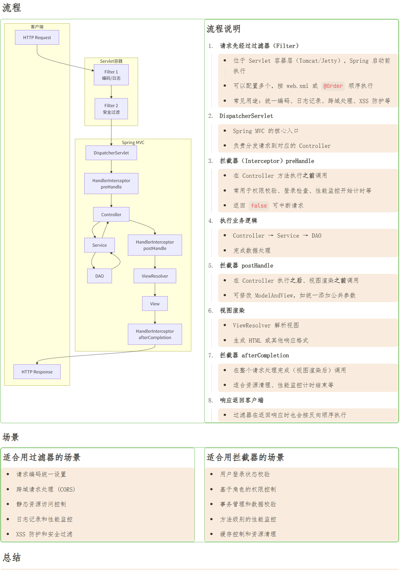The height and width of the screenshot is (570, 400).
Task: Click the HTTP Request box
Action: pyautogui.click(x=37, y=37)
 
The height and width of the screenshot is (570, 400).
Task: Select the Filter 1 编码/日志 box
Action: pyautogui.click(x=111, y=75)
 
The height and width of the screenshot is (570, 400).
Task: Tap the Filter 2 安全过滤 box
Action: pyautogui.click(x=111, y=109)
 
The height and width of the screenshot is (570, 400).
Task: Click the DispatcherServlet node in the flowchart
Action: pyautogui.click(x=111, y=153)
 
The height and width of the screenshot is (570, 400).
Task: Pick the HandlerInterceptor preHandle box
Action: pyautogui.click(x=111, y=184)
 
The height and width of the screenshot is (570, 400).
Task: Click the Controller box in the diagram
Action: pyautogui.click(x=111, y=215)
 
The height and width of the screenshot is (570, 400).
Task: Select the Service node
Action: pyautogui.click(x=100, y=245)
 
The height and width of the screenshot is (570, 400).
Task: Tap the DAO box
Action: pyautogui.click(x=100, y=276)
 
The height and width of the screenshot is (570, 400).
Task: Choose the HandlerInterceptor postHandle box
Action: pyautogui.click(x=155, y=245)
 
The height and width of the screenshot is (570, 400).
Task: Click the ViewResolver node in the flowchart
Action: pyautogui.click(x=155, y=276)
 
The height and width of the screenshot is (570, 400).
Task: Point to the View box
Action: pyautogui.click(x=155, y=304)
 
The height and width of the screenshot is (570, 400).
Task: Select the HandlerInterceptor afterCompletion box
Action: pyautogui.click(x=155, y=334)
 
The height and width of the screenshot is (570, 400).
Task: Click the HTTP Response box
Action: pyautogui.click(x=37, y=372)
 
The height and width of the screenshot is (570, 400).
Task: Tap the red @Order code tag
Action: pyautogui.click(x=333, y=86)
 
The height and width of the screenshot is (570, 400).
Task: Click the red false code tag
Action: pyautogui.click(x=259, y=206)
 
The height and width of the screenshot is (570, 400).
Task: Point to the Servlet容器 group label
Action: pyautogui.click(x=111, y=61)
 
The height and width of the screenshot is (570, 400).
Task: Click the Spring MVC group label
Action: pyautogui.click(x=133, y=142)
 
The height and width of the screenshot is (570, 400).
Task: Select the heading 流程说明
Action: pyautogui.click(x=223, y=29)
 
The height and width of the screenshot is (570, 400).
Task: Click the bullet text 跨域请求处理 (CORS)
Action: pyautogui.click(x=46, y=489)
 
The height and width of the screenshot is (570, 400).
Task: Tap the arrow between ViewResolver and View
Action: pyautogui.click(x=155, y=290)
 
